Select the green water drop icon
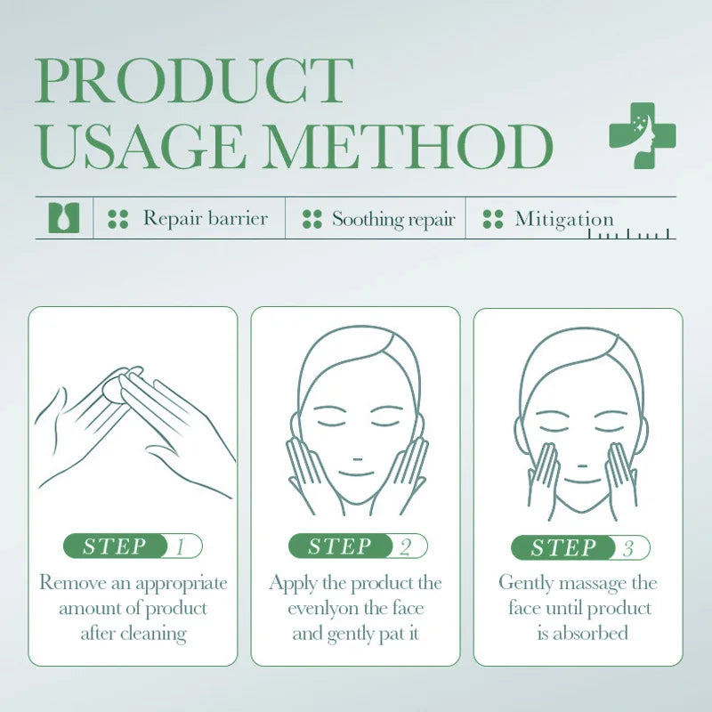point(63,218)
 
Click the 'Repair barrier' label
point(205,218)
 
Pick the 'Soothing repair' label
point(393,219)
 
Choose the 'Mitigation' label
point(564,219)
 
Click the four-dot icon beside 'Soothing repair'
point(311,219)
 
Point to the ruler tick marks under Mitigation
point(631,234)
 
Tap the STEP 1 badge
point(133,546)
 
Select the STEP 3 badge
point(580,547)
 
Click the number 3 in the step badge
point(628,548)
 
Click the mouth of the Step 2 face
point(355,463)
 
